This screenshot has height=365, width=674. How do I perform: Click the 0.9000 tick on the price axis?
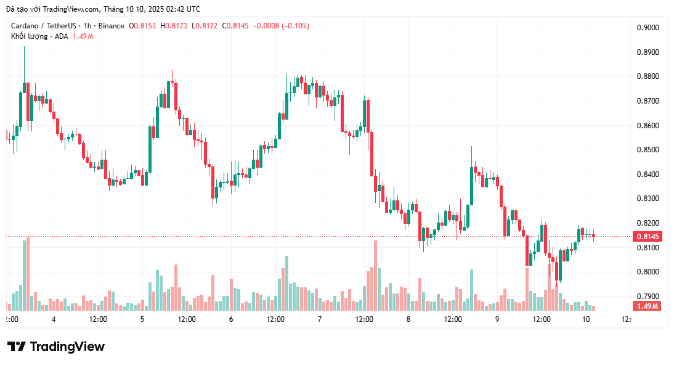tap(647, 28)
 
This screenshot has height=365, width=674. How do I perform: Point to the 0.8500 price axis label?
tap(647, 150)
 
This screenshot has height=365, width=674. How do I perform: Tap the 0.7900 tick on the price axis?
tap(647, 297)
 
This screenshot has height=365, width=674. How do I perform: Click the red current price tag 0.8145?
tap(647, 237)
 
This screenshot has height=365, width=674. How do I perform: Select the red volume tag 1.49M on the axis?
tap(647, 306)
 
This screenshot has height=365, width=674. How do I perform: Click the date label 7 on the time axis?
tap(319, 319)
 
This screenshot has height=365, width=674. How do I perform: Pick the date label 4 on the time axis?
tap(54, 319)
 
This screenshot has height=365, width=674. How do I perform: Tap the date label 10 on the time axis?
tap(585, 319)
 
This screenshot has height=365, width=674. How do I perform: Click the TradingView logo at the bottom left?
tap(55, 347)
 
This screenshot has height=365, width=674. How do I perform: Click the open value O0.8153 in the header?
tap(142, 26)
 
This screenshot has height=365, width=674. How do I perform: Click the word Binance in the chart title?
tap(111, 26)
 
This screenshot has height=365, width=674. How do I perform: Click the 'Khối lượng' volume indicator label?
tap(28, 36)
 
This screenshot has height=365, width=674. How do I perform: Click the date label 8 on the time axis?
tap(408, 319)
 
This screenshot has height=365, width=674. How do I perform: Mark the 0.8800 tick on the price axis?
tap(647, 76)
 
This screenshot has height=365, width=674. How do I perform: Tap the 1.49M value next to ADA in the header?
tap(83, 36)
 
